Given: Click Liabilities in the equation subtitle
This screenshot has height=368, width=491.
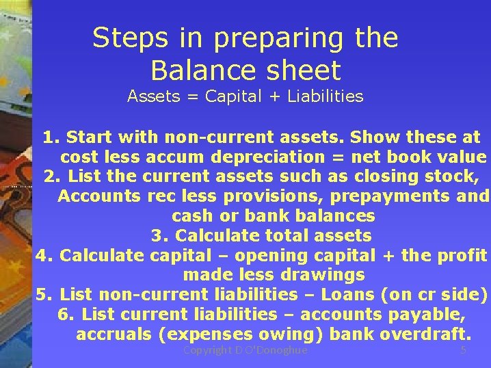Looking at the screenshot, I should [326, 96].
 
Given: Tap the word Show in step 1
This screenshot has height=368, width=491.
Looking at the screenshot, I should [370, 137].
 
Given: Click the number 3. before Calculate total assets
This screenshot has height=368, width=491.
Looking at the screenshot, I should [159, 236].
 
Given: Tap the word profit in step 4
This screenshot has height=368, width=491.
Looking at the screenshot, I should [460, 256].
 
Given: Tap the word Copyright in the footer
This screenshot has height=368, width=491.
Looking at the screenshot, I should [209, 350].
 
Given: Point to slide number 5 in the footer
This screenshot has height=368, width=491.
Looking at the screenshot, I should [463, 350].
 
